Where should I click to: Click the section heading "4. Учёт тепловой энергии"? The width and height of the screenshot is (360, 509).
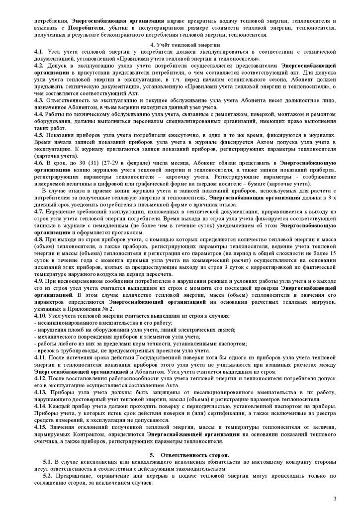[180, 45]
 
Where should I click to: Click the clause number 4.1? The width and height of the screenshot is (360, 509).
[38, 52]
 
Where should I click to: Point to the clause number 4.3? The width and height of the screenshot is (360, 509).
[39, 100]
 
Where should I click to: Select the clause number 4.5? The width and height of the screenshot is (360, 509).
[39, 134]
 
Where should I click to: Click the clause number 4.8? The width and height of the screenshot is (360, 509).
[39, 239]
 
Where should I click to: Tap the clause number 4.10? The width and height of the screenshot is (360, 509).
[40, 316]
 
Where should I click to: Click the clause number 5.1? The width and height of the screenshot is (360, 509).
[48, 462]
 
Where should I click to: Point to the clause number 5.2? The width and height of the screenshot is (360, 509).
[48, 476]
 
